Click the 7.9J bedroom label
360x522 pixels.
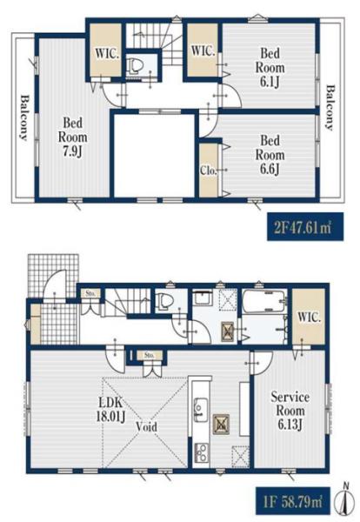[x=72, y=137]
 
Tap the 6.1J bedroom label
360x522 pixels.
[x=270, y=68]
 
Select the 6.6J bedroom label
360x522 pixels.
[x=270, y=155]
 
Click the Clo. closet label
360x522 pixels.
[x=209, y=171]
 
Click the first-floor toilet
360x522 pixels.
[x=165, y=301]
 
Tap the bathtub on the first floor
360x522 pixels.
[x=263, y=301]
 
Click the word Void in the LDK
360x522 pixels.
[x=146, y=426]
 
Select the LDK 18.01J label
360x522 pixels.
[x=110, y=410]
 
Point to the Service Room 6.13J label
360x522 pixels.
[x=290, y=411]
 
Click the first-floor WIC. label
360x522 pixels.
[x=309, y=317]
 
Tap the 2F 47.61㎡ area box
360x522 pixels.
[x=305, y=227]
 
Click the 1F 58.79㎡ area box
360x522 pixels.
[x=293, y=501]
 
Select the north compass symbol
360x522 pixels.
[x=345, y=500]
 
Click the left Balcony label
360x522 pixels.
[x=24, y=117]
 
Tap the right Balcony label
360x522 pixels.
[x=330, y=108]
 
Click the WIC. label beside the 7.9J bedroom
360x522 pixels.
[x=107, y=53]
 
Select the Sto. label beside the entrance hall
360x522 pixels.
[x=90, y=294]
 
